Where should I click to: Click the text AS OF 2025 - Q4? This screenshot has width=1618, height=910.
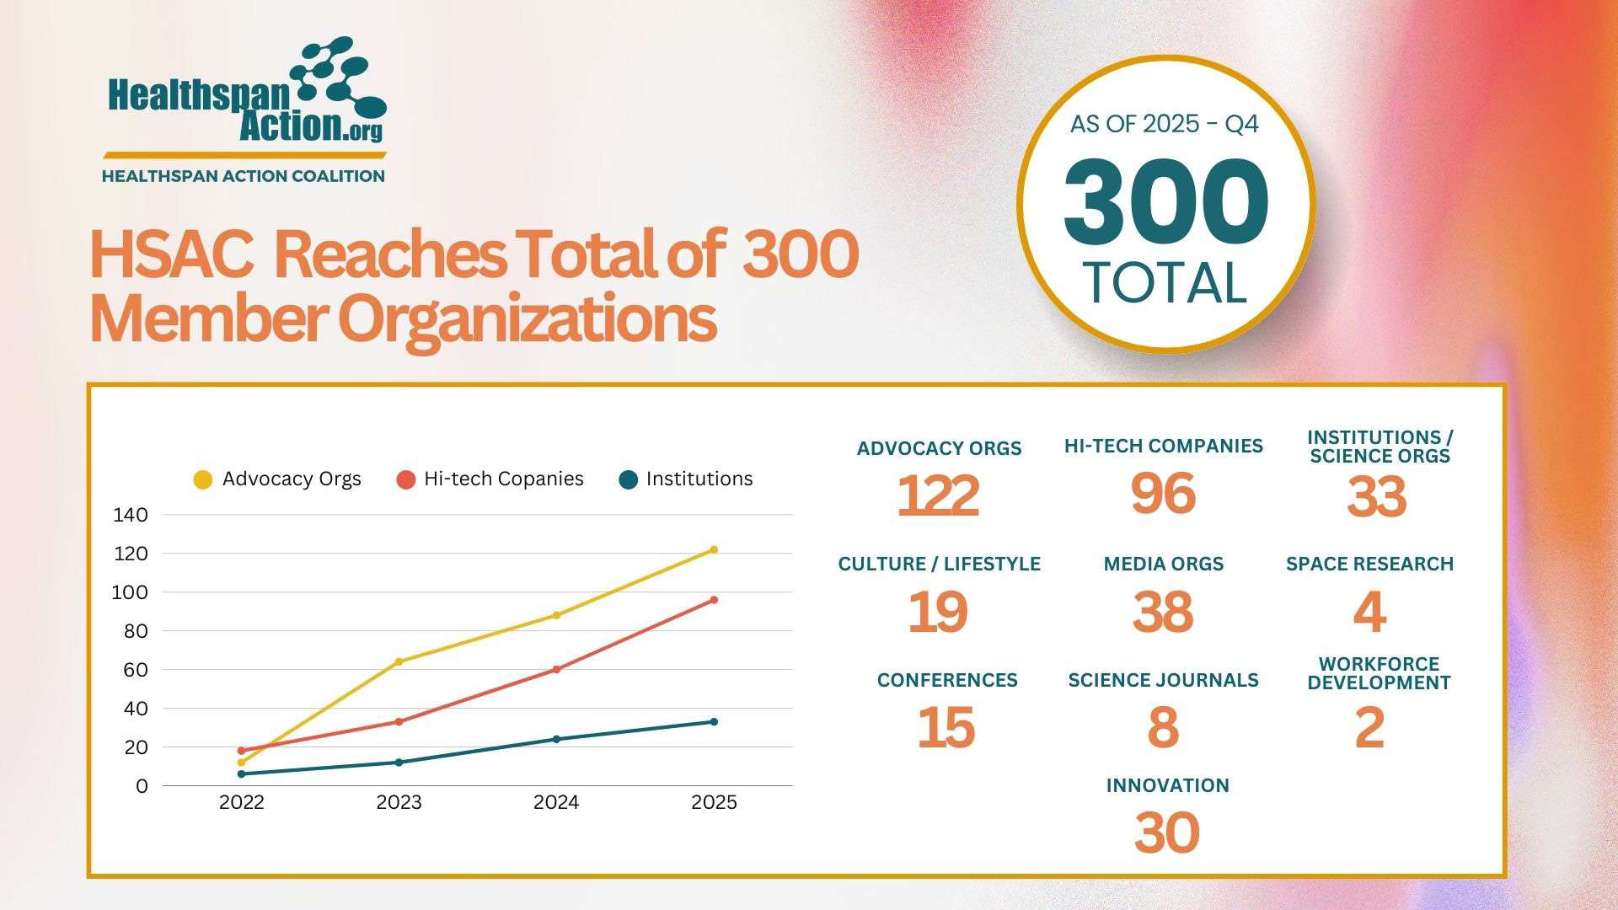tap(1165, 125)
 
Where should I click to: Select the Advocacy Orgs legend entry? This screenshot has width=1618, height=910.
tap(278, 479)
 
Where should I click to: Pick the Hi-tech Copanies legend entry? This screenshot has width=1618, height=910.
tap(490, 479)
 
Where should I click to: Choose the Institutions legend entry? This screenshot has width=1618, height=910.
tap(686, 479)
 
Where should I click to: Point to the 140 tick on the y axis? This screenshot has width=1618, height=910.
tap(131, 515)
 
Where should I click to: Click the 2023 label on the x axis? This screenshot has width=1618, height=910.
tap(399, 802)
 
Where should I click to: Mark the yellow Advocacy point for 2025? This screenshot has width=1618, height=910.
tap(714, 549)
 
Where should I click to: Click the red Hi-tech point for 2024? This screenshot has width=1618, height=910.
tap(556, 670)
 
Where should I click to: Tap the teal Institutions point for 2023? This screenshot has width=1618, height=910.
tap(399, 763)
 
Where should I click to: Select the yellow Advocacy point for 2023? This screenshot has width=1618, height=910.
tap(399, 661)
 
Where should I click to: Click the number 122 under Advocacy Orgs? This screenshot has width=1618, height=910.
tap(938, 496)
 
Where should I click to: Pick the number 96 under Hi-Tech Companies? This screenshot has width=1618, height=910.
tap(1163, 494)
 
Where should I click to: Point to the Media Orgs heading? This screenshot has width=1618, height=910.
tap(1163, 564)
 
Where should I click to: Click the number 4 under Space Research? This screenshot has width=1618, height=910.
tap(1369, 613)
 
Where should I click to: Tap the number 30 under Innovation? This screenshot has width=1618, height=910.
tap(1166, 833)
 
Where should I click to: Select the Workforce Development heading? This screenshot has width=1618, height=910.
tap(1379, 673)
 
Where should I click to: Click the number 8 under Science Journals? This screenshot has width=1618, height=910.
tap(1163, 728)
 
